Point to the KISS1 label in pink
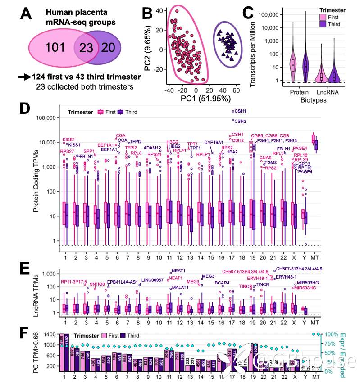coord(68,140)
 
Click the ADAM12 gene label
coord(152,148)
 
